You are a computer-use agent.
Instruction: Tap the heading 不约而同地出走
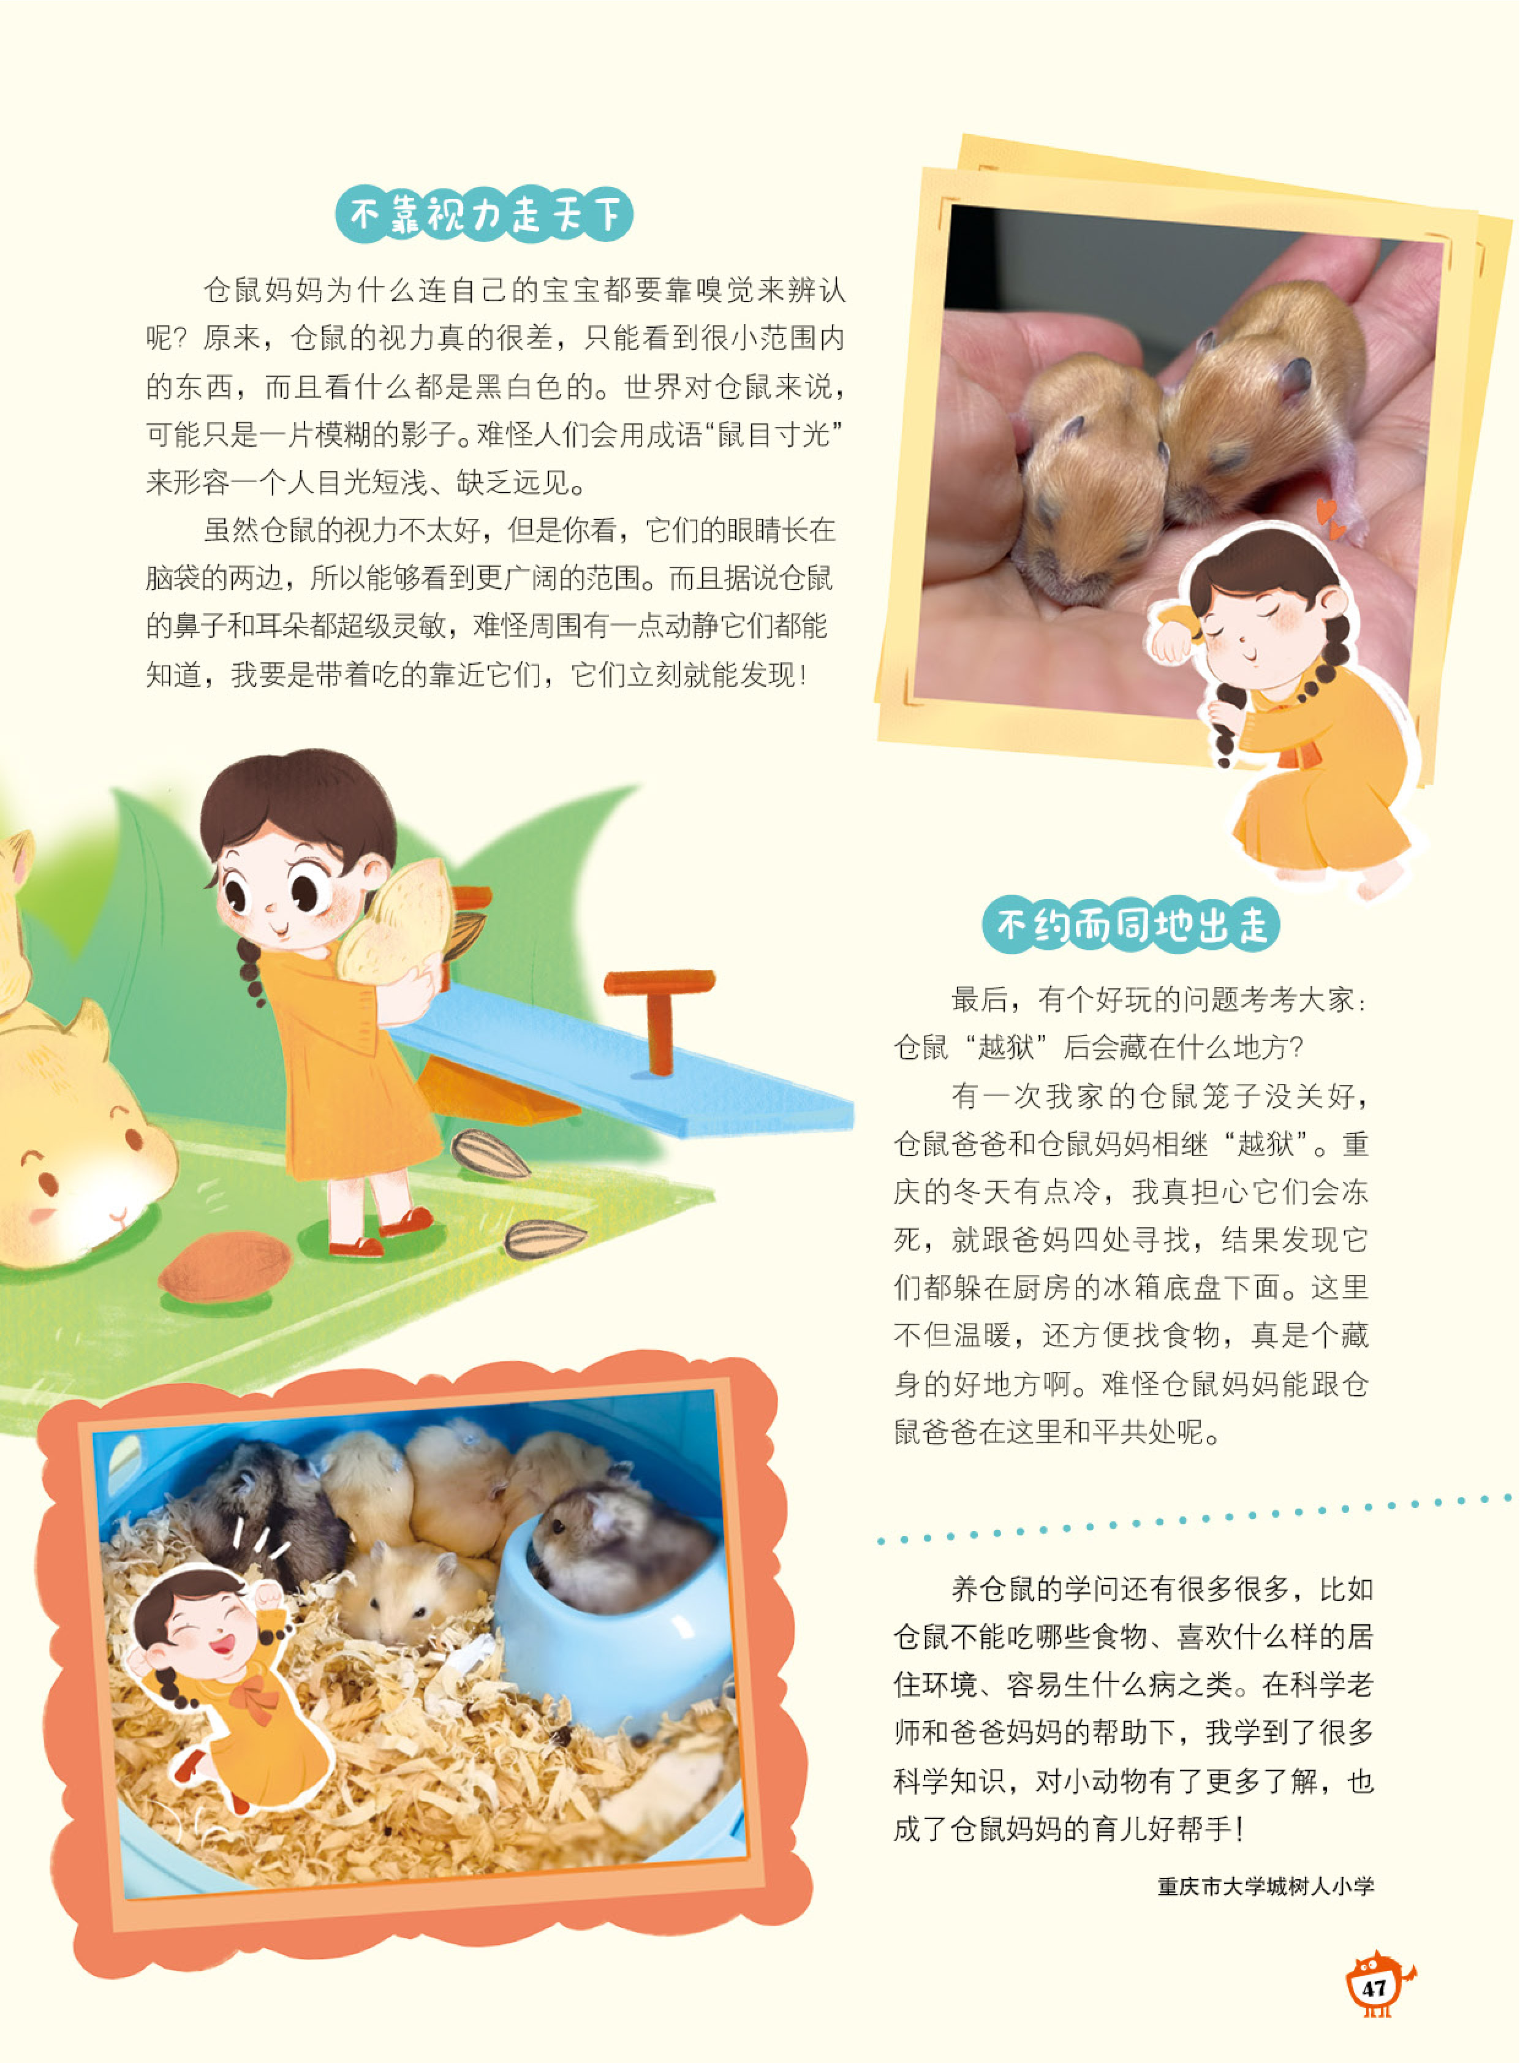click(1131, 925)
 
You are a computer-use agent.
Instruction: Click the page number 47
click(1374, 1988)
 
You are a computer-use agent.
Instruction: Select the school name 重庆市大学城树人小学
click(1265, 1887)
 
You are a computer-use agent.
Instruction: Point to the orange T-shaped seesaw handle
click(659, 1012)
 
